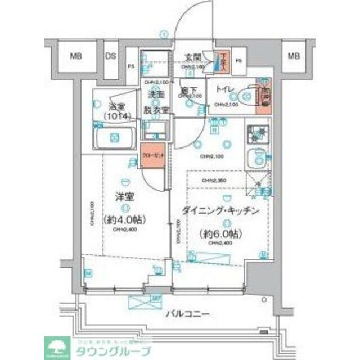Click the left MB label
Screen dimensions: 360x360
[75, 56]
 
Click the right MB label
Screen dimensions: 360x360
[293, 56]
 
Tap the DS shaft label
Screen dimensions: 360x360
[110, 56]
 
